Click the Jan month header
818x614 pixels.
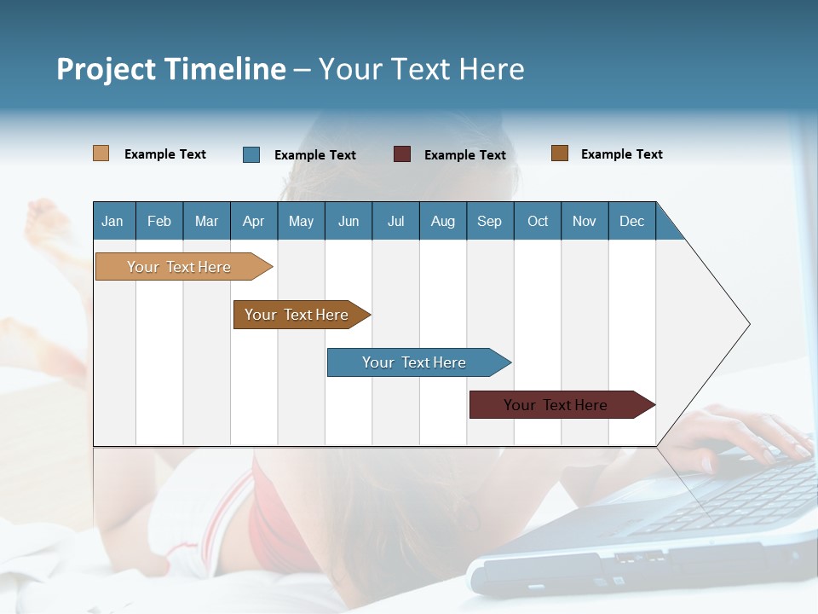click(x=112, y=221)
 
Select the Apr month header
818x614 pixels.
click(x=253, y=221)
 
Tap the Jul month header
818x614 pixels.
click(x=395, y=221)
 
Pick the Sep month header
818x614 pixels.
click(x=489, y=221)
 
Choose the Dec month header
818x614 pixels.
click(x=631, y=221)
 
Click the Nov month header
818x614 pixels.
click(x=584, y=221)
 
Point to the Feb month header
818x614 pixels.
click(x=159, y=221)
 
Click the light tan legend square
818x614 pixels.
click(x=101, y=153)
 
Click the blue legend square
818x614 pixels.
click(x=251, y=154)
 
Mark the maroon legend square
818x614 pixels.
click(x=402, y=154)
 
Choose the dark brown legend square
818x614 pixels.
click(x=560, y=153)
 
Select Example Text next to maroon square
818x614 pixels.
click(x=464, y=155)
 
